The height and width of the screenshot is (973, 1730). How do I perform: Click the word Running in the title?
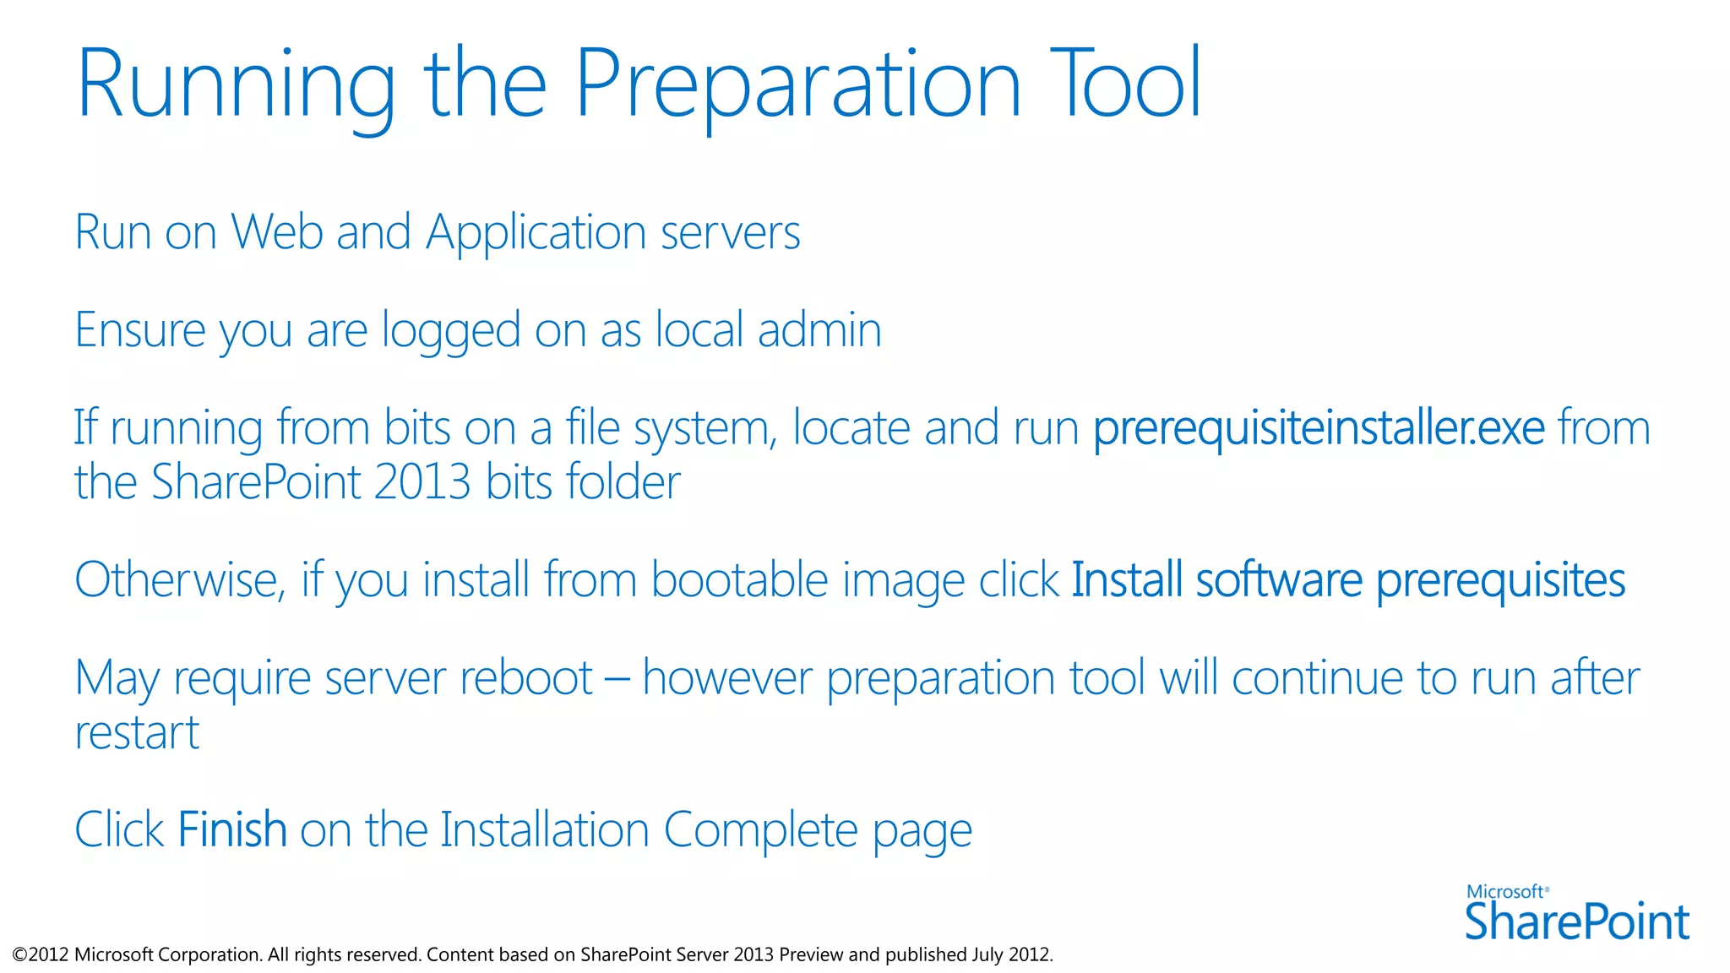pyautogui.click(x=235, y=84)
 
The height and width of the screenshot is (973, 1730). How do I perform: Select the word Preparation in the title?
pyautogui.click(x=798, y=84)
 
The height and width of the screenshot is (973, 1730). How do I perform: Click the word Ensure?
pyautogui.click(x=140, y=329)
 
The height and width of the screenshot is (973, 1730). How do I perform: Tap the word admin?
pyautogui.click(x=819, y=329)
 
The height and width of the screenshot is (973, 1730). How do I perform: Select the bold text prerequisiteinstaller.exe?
pyautogui.click(x=1319, y=428)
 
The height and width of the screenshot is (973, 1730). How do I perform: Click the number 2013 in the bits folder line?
pyautogui.click(x=422, y=482)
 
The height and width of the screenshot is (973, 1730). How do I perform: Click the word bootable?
pyautogui.click(x=740, y=580)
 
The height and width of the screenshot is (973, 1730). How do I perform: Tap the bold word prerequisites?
pyautogui.click(x=1500, y=582)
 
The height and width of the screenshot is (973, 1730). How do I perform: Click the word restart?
pyautogui.click(x=137, y=732)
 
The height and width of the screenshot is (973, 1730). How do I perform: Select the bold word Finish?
pyautogui.click(x=232, y=829)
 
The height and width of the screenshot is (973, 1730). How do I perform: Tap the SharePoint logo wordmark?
pyautogui.click(x=1576, y=921)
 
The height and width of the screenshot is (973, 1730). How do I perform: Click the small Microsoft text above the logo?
pyautogui.click(x=1505, y=892)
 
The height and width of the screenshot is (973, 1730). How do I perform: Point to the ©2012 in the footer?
pyautogui.click(x=41, y=954)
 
